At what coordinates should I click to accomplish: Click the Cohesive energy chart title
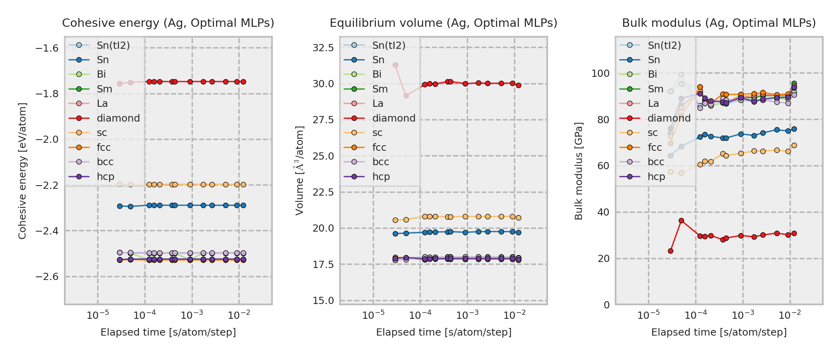168,23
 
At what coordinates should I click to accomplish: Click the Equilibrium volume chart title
443,23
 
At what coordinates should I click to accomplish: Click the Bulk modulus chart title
719,23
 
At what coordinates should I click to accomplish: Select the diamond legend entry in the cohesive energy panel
118,118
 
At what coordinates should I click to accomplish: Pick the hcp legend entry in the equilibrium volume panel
381,177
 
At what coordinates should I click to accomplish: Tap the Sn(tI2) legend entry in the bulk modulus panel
664,46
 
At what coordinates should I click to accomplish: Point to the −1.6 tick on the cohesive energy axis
47,48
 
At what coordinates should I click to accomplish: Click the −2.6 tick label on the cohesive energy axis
47,277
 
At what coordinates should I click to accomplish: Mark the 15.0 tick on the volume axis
323,301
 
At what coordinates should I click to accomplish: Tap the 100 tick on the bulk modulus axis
600,74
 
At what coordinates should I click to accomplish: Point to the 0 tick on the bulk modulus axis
607,305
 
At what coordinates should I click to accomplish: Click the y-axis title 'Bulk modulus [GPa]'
578,171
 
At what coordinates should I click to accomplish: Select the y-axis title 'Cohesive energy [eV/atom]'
22,171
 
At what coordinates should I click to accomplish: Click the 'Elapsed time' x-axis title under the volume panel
444,332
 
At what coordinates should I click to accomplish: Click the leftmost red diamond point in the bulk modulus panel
670,251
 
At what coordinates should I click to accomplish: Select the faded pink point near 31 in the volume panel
395,65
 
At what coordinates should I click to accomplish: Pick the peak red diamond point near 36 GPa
681,221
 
